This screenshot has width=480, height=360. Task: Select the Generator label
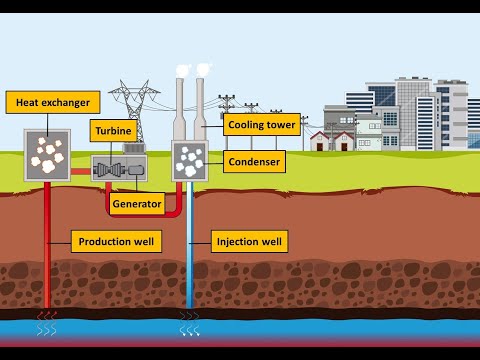click(x=137, y=204)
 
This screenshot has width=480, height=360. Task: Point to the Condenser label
click(x=254, y=160)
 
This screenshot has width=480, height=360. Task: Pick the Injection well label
click(x=250, y=241)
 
